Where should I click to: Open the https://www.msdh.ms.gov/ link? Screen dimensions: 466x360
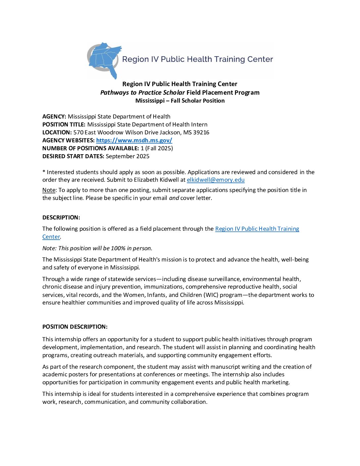(134, 140)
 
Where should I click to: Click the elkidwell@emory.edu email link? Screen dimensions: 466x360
(215, 180)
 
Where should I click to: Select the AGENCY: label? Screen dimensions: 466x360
(54, 117)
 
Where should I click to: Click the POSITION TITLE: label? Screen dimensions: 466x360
(64, 124)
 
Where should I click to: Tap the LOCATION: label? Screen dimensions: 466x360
(57, 132)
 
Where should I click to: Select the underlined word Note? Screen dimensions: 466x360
(49, 190)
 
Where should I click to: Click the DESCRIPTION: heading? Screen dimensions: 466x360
(61, 217)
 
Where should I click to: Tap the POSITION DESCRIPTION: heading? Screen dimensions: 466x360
(75, 327)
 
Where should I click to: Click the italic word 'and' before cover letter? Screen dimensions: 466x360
(174, 198)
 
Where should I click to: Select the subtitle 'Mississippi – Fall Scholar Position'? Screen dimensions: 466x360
(180, 101)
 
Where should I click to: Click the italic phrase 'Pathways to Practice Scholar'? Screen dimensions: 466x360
(143, 92)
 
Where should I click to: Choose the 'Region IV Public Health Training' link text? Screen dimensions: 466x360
(257, 229)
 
